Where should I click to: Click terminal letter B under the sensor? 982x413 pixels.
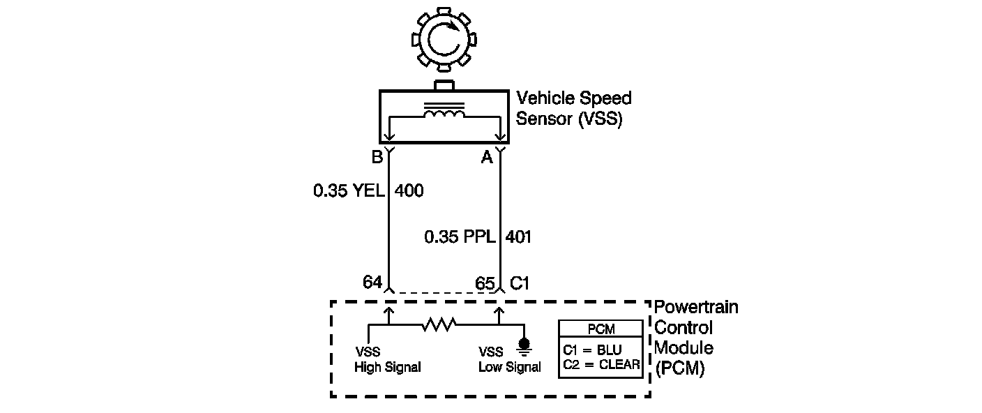377,158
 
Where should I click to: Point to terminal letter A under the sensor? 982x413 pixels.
487,158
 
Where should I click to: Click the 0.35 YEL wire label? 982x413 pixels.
349,190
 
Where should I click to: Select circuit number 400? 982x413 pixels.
409,190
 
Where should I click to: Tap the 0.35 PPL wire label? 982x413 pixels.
460,237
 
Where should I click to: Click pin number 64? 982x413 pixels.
372,282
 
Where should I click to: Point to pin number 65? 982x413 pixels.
485,283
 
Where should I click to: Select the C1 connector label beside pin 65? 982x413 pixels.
520,283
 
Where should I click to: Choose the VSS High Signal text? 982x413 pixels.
387,360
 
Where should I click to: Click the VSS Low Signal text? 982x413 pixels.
509,360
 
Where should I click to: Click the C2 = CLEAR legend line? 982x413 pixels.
600,363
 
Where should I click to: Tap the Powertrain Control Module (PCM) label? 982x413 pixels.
695,338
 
